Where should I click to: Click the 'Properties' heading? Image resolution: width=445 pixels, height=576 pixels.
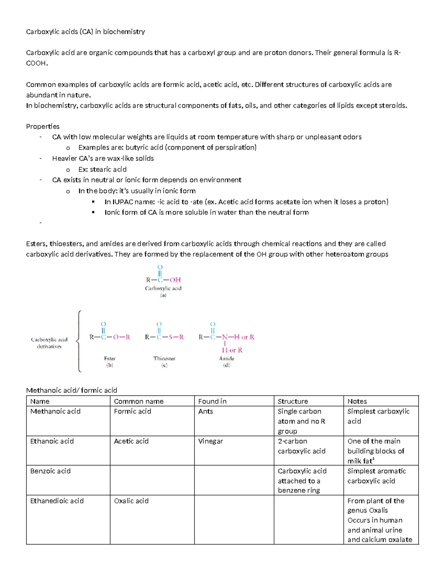click(43, 126)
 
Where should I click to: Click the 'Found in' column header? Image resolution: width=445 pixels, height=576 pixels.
click(212, 401)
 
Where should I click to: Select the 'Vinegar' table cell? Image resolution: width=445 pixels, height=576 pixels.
click(210, 441)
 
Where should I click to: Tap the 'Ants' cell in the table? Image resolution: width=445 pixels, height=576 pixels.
click(205, 411)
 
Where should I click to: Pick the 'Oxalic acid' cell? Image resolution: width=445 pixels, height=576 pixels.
click(131, 501)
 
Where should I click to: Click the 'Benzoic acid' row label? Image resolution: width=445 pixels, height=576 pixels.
click(50, 471)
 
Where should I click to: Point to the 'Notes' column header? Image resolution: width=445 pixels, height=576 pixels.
click(357, 401)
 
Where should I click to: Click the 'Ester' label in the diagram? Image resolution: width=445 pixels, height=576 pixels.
click(110, 358)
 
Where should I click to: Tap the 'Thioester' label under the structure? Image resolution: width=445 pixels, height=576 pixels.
click(164, 358)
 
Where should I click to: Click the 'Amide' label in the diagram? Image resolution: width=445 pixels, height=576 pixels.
click(227, 358)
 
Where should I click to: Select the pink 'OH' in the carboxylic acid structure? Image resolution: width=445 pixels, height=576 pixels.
click(175, 280)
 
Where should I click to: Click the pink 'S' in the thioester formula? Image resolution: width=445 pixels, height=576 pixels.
click(171, 337)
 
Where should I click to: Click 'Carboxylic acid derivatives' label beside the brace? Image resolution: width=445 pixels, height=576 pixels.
click(49, 343)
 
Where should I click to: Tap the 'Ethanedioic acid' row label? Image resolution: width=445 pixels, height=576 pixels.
click(57, 501)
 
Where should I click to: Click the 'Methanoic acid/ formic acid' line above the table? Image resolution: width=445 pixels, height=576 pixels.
click(72, 390)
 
